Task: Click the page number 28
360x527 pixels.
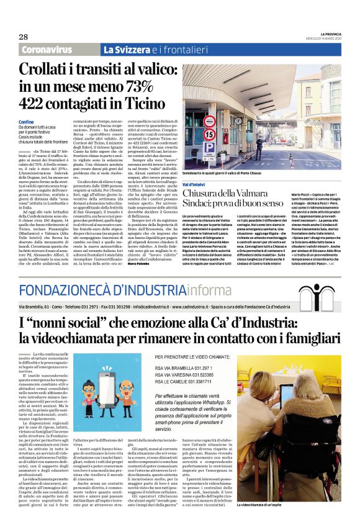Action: click(23, 37)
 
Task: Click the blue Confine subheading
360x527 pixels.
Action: click(27, 122)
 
